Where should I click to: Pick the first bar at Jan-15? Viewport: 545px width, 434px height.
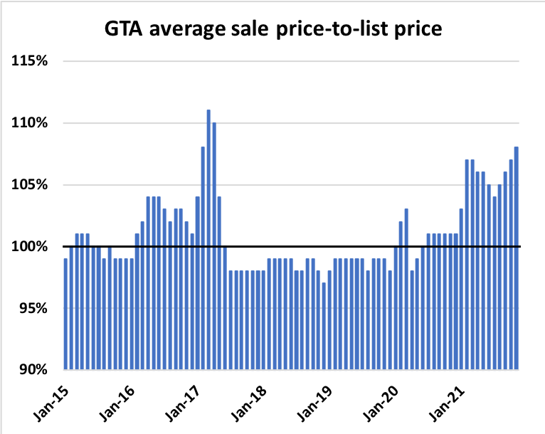click(65, 314)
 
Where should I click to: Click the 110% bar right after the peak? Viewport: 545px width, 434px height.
click(214, 245)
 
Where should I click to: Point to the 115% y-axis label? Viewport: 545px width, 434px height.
click(30, 61)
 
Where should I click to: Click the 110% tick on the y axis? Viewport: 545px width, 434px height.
click(30, 123)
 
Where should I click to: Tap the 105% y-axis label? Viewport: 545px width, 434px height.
click(30, 185)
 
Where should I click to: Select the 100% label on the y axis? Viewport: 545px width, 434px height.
click(30, 247)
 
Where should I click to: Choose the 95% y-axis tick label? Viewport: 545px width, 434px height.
click(32, 309)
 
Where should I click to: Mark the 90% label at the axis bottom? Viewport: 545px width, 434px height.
click(32, 370)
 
